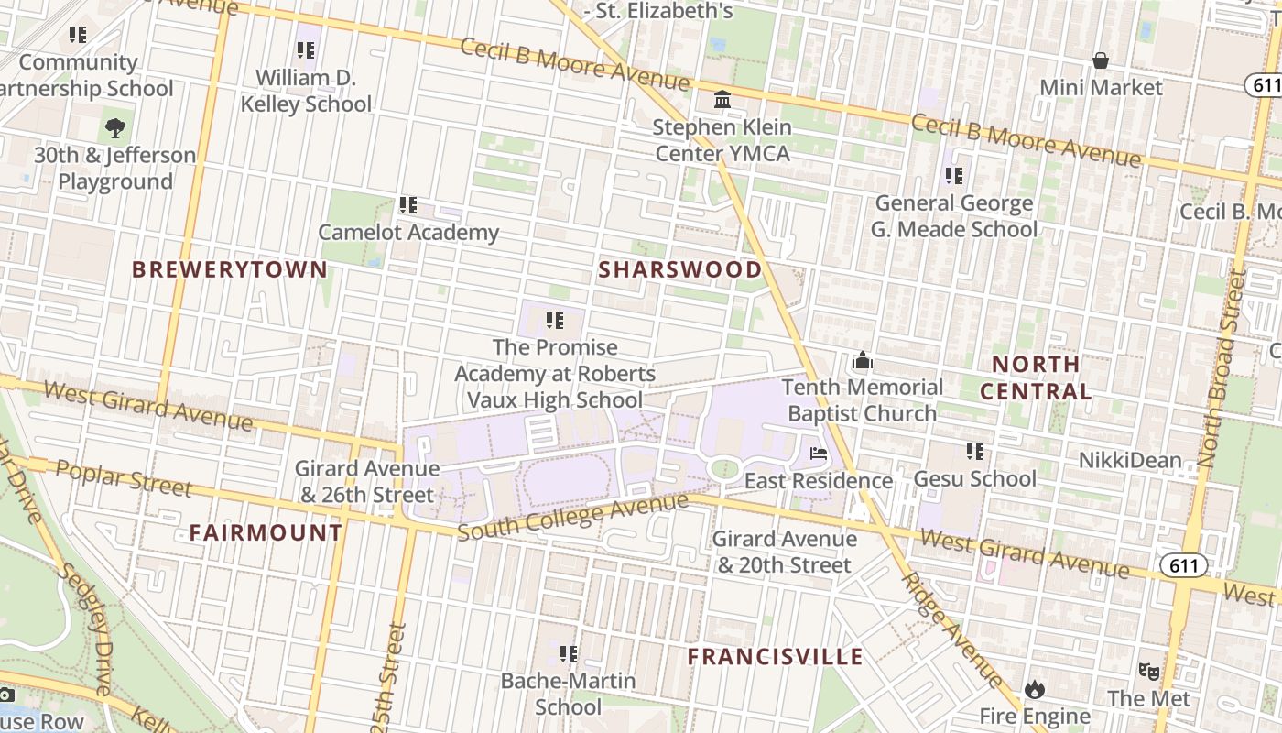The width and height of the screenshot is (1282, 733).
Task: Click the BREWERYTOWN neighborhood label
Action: tap(230, 269)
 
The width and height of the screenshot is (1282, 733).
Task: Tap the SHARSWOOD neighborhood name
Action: tap(679, 269)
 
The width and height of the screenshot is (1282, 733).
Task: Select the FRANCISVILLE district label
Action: tap(775, 657)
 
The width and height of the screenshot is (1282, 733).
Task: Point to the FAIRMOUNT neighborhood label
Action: tap(266, 533)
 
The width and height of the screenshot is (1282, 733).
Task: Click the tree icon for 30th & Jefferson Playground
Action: tap(114, 128)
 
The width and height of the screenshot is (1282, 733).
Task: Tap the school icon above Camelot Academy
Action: tap(408, 205)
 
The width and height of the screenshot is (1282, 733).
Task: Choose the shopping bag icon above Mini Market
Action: tap(1101, 61)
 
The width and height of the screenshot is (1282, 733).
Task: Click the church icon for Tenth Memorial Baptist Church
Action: tap(862, 361)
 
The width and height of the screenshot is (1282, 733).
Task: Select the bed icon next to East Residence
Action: tap(818, 454)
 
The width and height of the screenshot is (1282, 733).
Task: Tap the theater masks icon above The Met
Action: tap(1148, 672)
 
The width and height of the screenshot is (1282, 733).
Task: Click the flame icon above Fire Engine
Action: tap(1035, 689)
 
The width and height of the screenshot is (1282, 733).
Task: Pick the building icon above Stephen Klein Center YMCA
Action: tap(722, 99)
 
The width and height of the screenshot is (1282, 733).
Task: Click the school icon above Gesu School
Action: tap(975, 452)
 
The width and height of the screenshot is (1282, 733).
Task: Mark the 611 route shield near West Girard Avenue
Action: tap(1183, 565)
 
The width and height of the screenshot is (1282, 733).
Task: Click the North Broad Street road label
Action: tap(1222, 356)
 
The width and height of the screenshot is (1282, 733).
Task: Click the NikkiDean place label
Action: tap(1129, 460)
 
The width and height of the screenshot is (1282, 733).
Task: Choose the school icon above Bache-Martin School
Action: tap(569, 654)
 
